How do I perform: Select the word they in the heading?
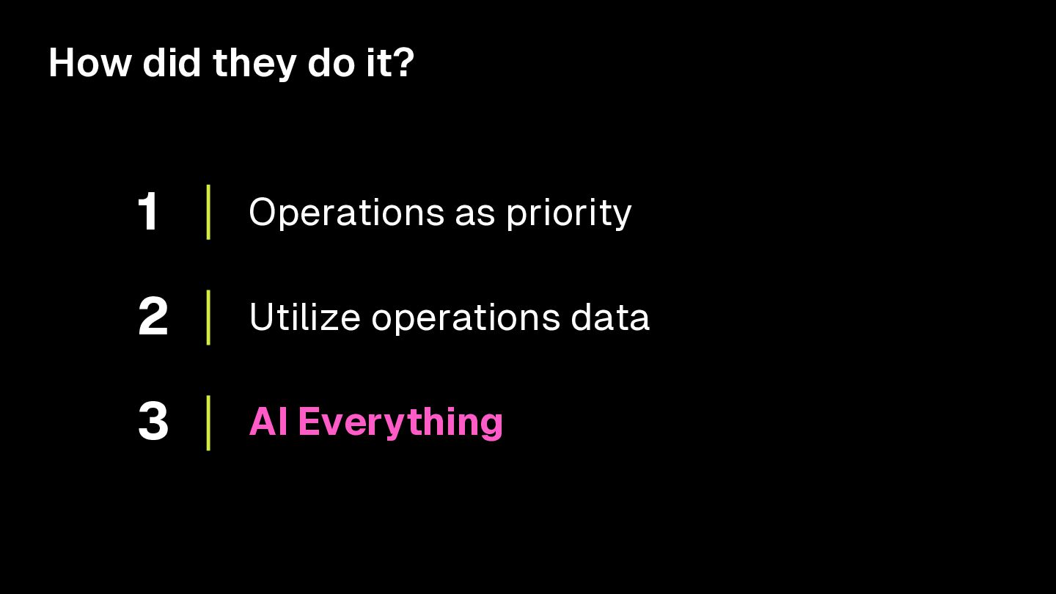[x=254, y=65]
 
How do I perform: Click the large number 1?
[x=149, y=213]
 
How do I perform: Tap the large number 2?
[x=153, y=318]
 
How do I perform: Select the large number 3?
[x=153, y=422]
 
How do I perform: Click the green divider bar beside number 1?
[x=208, y=212]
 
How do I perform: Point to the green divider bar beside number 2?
[x=208, y=317]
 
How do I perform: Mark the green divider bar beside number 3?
[x=208, y=422]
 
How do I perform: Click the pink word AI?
[x=268, y=422]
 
